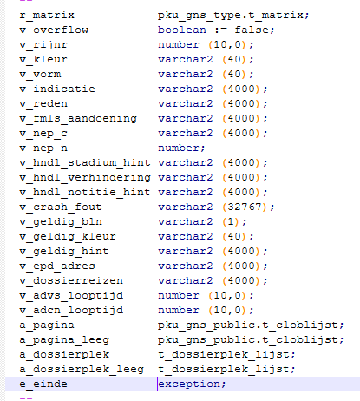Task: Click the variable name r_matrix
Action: (x=47, y=16)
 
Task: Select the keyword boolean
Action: (x=182, y=30)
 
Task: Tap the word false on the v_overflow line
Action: (x=252, y=30)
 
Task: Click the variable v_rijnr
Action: (x=43, y=45)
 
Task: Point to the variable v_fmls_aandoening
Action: (x=78, y=119)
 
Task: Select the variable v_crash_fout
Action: (x=61, y=207)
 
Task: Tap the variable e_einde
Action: (x=43, y=385)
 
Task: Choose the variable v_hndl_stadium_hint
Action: (x=85, y=163)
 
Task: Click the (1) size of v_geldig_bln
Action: (x=231, y=221)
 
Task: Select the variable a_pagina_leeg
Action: (x=64, y=340)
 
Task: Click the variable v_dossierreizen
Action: (x=71, y=281)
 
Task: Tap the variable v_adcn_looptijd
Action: (x=71, y=311)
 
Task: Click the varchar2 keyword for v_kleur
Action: (x=186, y=59)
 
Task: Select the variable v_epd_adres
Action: (x=57, y=266)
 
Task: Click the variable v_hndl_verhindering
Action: (x=85, y=178)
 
